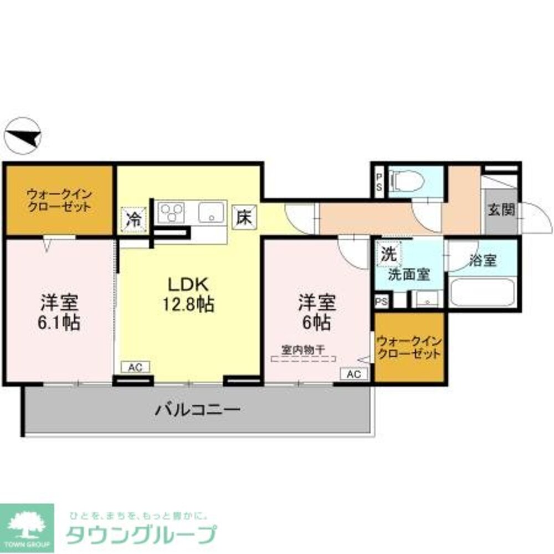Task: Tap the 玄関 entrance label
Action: [501, 210]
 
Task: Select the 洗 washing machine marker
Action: [388, 254]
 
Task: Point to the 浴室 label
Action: [482, 260]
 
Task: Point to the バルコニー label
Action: [197, 411]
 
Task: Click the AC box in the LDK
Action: [135, 367]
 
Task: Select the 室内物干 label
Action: [303, 350]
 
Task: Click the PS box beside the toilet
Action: [379, 181]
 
